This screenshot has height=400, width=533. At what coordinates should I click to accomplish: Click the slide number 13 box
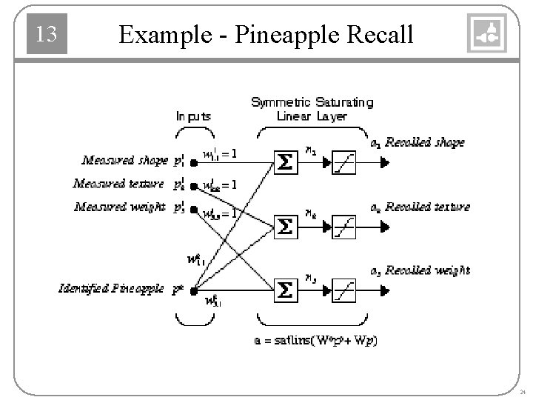point(47,34)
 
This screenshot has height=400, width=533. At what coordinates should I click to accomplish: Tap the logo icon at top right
point(487,34)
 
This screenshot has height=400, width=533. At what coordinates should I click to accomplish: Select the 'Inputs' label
point(193,116)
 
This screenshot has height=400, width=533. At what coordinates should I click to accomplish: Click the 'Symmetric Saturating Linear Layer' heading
point(312,109)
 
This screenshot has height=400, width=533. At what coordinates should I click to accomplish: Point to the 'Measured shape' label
point(124,160)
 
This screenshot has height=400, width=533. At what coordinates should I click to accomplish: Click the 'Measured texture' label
point(118,183)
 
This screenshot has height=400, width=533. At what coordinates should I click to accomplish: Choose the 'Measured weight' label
point(119,207)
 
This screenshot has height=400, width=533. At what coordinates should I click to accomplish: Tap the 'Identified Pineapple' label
point(111,288)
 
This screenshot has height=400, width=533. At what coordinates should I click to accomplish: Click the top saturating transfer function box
point(343,161)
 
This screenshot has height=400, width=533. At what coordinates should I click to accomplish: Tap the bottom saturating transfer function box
point(343,289)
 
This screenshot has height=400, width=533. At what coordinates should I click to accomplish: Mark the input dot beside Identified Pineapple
point(193,289)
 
